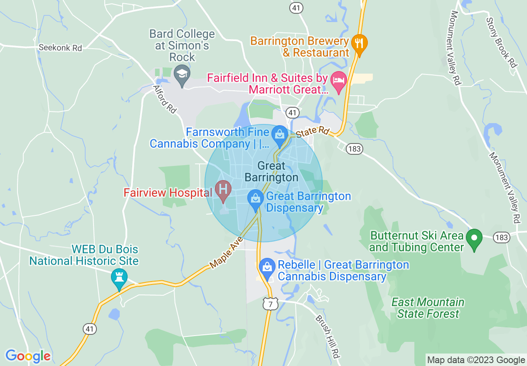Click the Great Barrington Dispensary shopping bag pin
[x=255, y=198]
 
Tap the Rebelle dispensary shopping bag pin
[x=266, y=267]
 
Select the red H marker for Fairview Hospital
[x=223, y=190]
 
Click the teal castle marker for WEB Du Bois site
[x=119, y=277]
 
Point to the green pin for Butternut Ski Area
[x=474, y=238]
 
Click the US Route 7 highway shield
[x=270, y=304]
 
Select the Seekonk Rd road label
[x=60, y=48]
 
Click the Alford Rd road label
[x=165, y=99]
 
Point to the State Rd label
[x=313, y=132]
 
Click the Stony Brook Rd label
[x=501, y=37]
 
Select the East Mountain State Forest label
[x=428, y=308]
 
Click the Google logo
[x=28, y=356]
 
